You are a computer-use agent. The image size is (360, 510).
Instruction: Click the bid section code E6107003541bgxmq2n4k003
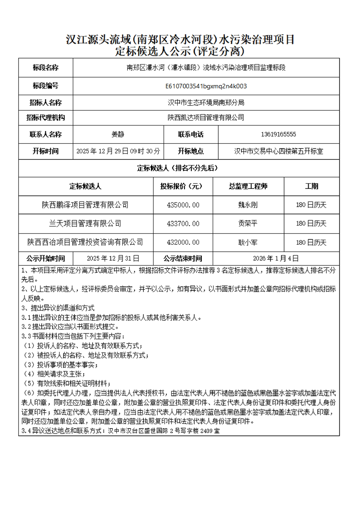[x=206, y=86]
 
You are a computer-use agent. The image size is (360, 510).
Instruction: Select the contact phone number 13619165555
[x=279, y=134]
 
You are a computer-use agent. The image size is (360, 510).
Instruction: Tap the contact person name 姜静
[x=118, y=134]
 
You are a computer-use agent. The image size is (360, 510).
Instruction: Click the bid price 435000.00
[x=183, y=205]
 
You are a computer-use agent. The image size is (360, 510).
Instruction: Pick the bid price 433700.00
[x=183, y=223]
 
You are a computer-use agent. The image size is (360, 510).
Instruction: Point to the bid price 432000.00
[x=183, y=242]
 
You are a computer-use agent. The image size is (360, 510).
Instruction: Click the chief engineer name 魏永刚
[x=248, y=205]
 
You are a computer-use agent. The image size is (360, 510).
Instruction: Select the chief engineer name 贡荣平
[x=248, y=223]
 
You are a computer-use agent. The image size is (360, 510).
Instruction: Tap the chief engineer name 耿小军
[x=248, y=242]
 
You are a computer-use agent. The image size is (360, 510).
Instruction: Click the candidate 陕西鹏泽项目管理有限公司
[x=85, y=205]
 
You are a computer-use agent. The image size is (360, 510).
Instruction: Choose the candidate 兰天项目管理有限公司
[x=85, y=223]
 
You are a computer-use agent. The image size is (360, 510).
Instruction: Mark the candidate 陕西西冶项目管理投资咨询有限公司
[x=85, y=242]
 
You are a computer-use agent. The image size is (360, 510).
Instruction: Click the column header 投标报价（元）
[x=183, y=186]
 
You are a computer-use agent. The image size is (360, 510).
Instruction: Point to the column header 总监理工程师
[x=248, y=186]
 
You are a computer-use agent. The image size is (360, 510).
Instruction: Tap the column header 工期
[x=311, y=186]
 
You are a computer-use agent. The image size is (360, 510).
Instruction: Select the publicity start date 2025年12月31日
[x=113, y=258]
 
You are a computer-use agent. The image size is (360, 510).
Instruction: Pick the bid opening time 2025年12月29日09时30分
[x=118, y=151]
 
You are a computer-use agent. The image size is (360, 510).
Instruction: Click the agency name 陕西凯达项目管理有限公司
[x=206, y=117]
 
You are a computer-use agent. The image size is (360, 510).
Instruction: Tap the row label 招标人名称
[x=45, y=102]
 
